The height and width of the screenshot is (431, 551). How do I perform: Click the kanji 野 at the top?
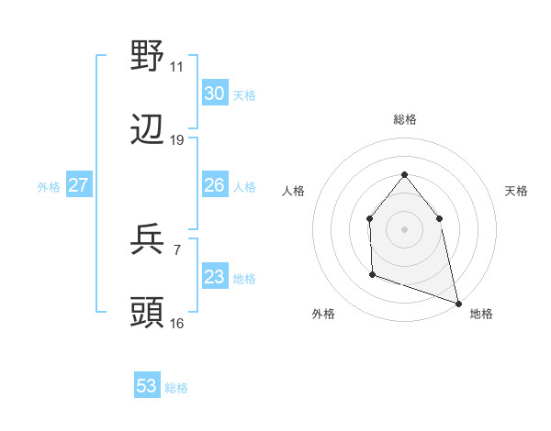[148, 57]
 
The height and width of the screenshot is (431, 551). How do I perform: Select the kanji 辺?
[148, 132]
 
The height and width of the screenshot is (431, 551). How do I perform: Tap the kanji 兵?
[148, 240]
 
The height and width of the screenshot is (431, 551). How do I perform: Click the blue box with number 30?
[214, 94]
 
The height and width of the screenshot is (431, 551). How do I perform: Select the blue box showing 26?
[214, 185]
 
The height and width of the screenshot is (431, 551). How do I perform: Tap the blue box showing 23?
[214, 277]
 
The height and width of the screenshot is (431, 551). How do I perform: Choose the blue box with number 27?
[79, 185]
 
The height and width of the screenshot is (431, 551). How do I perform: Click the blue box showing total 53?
[147, 386]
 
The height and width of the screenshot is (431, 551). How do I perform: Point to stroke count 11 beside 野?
[177, 67]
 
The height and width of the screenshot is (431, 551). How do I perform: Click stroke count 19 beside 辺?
[177, 140]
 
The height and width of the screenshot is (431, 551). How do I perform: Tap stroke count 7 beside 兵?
[177, 249]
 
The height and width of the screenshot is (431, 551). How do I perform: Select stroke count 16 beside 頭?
[177, 323]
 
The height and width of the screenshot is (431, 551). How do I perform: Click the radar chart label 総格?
[404, 119]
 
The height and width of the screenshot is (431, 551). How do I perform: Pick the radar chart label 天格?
[516, 191]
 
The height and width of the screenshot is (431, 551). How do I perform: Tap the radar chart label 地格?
[481, 315]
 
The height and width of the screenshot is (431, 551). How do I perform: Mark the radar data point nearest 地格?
[457, 303]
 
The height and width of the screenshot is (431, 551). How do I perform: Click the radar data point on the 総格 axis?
[404, 174]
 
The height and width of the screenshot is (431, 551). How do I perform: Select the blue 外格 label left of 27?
[49, 186]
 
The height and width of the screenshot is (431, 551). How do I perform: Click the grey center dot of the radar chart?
[404, 228]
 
